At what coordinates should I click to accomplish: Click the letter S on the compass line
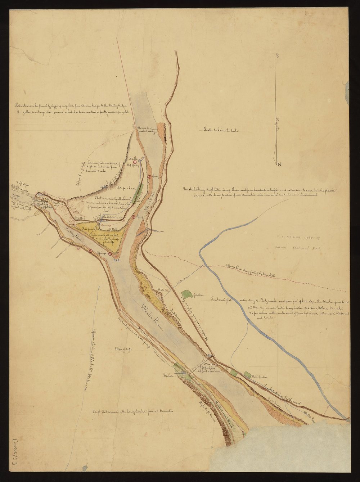[x=278, y=55]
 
